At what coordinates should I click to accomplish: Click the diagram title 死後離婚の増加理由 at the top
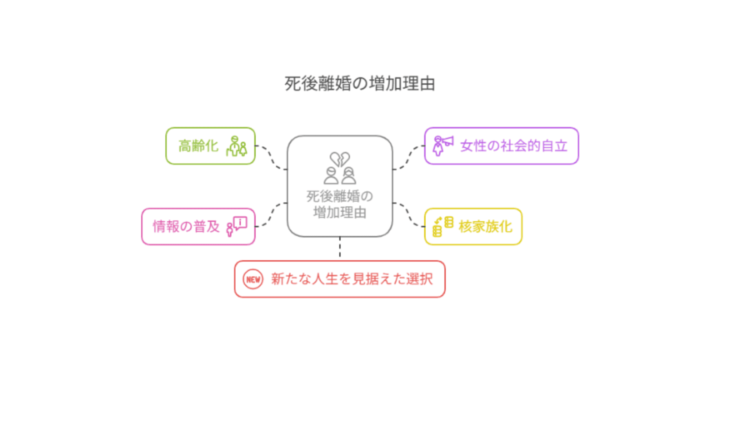click(x=360, y=84)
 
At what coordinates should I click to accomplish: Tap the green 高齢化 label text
click(x=198, y=146)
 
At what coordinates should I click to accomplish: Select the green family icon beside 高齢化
click(x=236, y=146)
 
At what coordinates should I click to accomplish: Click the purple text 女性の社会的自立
click(x=514, y=146)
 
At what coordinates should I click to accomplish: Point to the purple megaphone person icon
click(x=443, y=146)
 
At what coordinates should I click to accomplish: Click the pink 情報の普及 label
click(x=186, y=227)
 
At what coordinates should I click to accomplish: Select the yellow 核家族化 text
click(x=485, y=227)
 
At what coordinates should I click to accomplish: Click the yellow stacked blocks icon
click(x=443, y=227)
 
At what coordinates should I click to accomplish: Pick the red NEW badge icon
click(x=253, y=279)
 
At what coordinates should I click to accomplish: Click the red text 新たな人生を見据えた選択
click(x=352, y=279)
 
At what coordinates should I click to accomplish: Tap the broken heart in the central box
click(x=340, y=159)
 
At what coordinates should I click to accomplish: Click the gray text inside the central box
click(x=340, y=204)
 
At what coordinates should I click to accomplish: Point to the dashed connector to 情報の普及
click(x=271, y=215)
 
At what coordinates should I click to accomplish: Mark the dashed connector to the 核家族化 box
click(x=408, y=215)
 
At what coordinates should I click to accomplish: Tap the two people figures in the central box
click(x=340, y=176)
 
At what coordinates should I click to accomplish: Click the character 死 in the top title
click(x=293, y=84)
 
